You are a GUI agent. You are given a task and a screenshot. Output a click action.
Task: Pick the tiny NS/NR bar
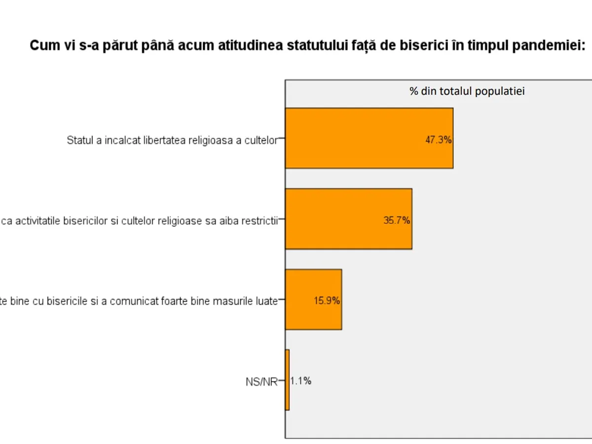(x=287, y=380)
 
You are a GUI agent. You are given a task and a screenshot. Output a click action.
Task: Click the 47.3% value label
(x=438, y=140)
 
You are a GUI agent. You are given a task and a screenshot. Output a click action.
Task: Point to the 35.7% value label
(x=397, y=221)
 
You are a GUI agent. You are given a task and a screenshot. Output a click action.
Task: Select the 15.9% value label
(x=327, y=300)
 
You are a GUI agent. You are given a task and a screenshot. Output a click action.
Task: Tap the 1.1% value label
(x=300, y=381)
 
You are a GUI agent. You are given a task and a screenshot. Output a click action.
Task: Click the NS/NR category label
(x=261, y=381)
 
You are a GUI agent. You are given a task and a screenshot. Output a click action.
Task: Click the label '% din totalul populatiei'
(x=467, y=91)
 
